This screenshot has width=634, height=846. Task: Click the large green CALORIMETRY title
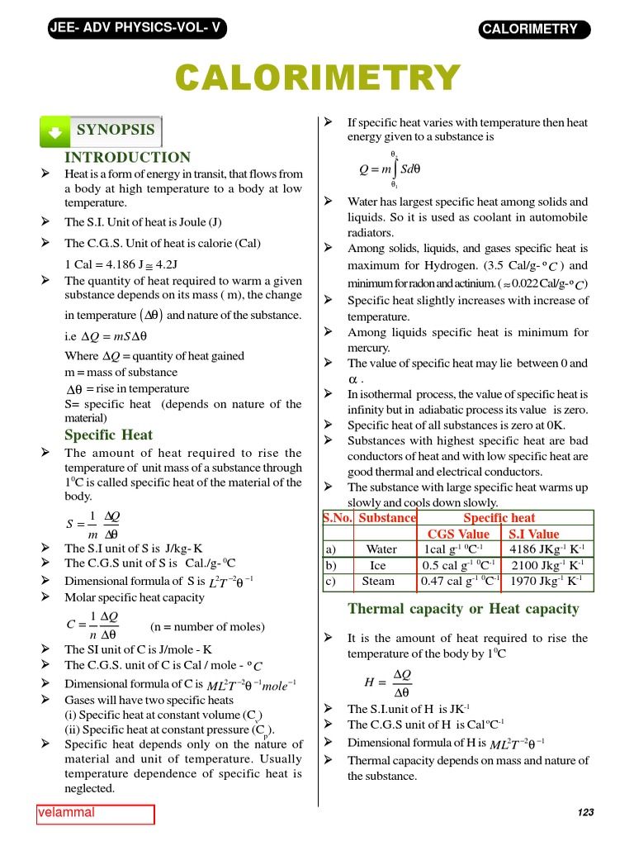[x=317, y=78]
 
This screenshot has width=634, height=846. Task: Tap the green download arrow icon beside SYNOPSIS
[x=54, y=131]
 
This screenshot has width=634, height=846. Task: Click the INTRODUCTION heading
[x=127, y=157]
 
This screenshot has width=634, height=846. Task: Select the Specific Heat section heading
[x=108, y=435]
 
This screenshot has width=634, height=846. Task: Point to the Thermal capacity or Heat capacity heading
[x=463, y=609]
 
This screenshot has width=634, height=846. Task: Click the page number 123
[x=585, y=813]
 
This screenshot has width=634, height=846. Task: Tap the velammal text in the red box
[x=67, y=813]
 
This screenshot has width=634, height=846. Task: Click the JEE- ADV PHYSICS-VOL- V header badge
[x=135, y=28]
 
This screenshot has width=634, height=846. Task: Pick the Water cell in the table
[x=381, y=549]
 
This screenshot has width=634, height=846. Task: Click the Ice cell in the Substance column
[x=377, y=565]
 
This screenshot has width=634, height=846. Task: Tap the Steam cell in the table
[x=378, y=581]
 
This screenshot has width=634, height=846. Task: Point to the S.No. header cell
[x=338, y=518]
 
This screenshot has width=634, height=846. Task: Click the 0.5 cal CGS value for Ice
[x=458, y=565]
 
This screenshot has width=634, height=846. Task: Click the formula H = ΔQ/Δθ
[x=387, y=683]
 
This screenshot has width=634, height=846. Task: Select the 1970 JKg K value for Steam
[x=547, y=581]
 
